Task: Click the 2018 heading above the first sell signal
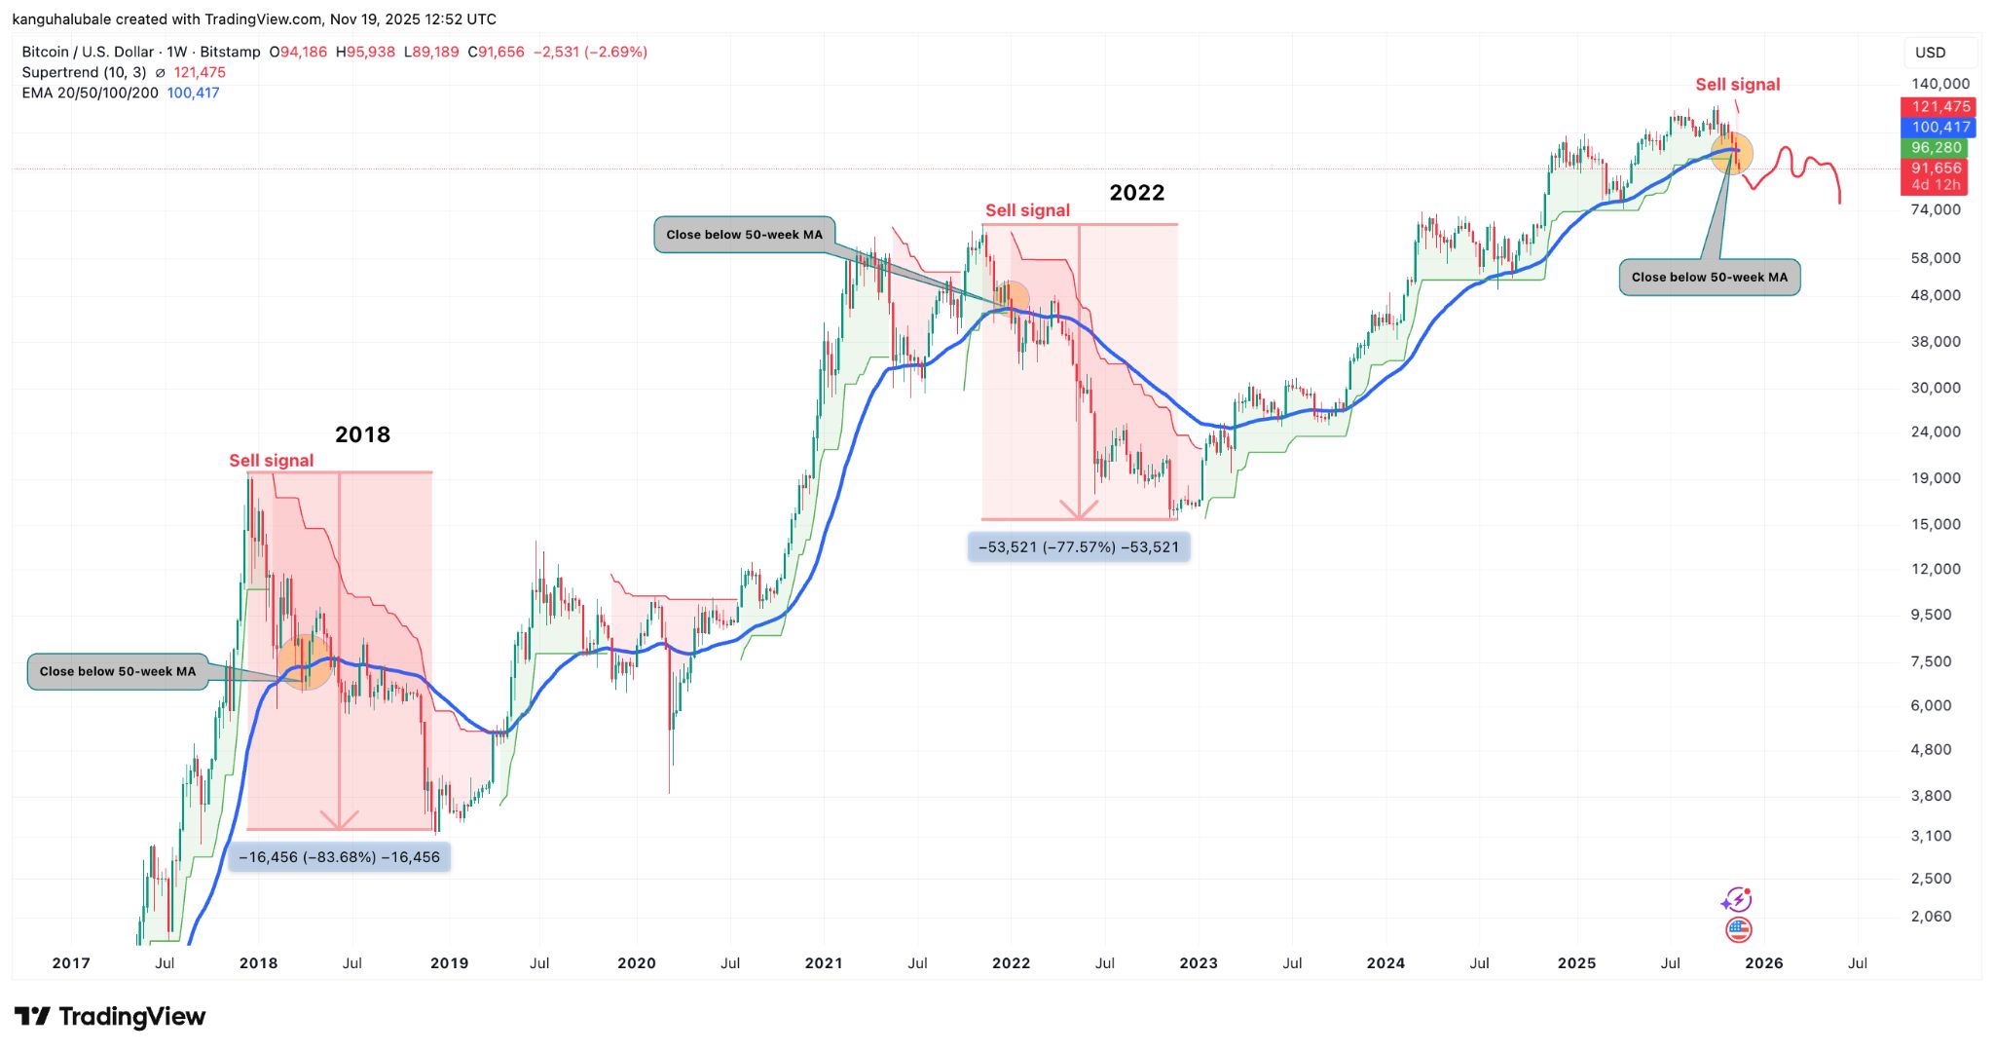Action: tap(362, 434)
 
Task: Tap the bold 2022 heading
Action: tap(1136, 193)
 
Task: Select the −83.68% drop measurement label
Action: tap(339, 857)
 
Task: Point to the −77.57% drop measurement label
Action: tap(1079, 547)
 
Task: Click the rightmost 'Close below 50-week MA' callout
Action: tap(1709, 278)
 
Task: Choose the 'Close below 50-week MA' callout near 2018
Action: tap(118, 671)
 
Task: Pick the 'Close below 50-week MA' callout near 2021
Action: tap(744, 235)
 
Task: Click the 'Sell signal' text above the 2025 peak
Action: tap(1737, 85)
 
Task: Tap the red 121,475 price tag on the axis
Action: tap(1938, 107)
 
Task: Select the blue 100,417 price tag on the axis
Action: tap(1938, 128)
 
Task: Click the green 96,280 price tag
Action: tap(1936, 148)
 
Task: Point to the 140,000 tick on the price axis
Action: tap(1939, 84)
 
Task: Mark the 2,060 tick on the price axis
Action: tap(1931, 917)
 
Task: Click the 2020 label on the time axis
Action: tap(637, 963)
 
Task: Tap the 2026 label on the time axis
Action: tap(1763, 963)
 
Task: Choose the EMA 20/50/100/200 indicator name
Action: tap(90, 94)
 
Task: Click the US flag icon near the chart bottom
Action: tap(1738, 930)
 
